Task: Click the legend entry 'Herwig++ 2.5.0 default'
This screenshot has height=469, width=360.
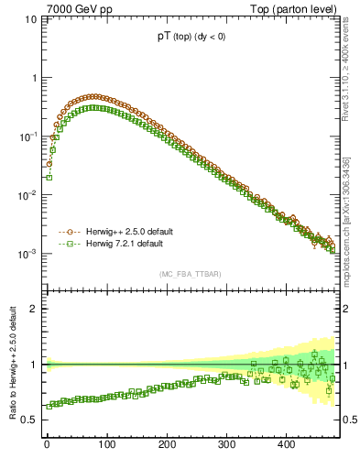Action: [x=127, y=232]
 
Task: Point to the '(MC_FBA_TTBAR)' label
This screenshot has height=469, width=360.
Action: [x=190, y=274]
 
